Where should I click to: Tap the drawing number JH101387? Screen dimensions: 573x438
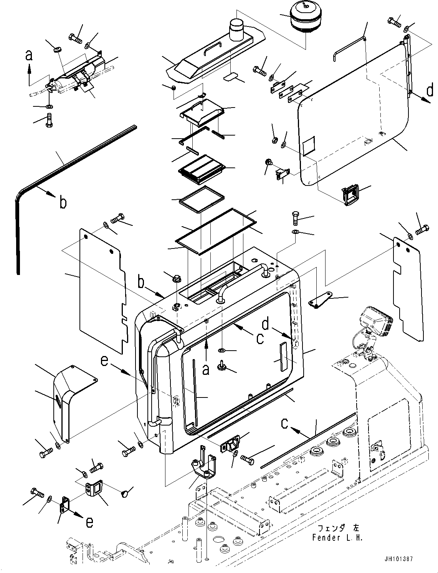(x=397, y=559)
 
